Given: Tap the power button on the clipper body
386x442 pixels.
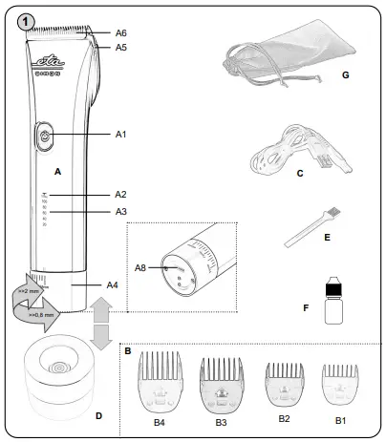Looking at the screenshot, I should pos(46,137).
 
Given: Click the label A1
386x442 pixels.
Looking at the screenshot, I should pos(120,136).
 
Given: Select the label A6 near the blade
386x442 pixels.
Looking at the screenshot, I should pos(120,32).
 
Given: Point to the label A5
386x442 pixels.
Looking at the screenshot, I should pos(120,47).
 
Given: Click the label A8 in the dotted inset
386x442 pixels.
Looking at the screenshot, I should pos(141,268).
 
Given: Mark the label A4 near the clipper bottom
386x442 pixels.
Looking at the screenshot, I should pos(111,284).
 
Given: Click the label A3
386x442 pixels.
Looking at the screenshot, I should pos(120,211).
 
